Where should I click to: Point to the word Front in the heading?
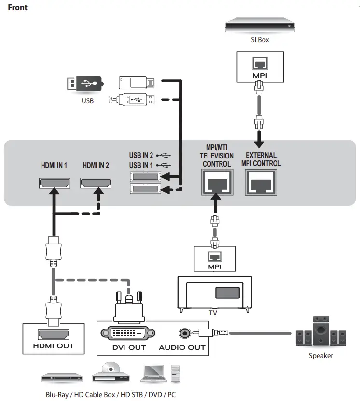pyautogui.click(x=17, y=8)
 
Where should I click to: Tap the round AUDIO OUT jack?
pyautogui.click(x=184, y=333)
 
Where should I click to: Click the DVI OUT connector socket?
pyautogui.click(x=128, y=333)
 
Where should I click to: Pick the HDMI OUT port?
pyautogui.click(x=54, y=333)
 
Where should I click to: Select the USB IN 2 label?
pyautogui.click(x=141, y=156)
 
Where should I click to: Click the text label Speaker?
pyautogui.click(x=321, y=356)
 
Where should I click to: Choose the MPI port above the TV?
pyautogui.click(x=214, y=255)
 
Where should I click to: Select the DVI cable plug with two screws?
pyautogui.click(x=129, y=305)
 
